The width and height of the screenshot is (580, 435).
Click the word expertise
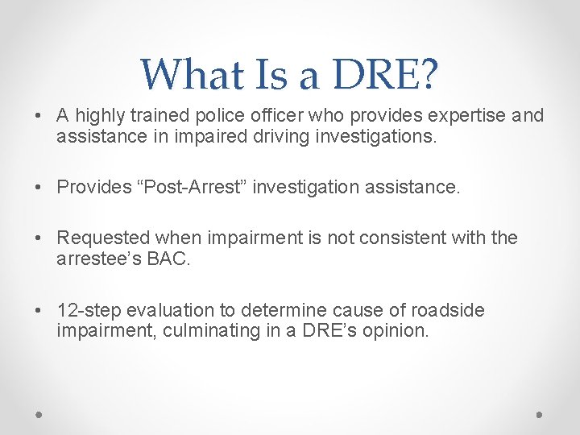tap(458, 116)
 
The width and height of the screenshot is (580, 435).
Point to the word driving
tap(299, 137)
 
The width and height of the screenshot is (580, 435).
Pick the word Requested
tap(104, 238)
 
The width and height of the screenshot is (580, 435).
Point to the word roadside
tap(447, 310)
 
